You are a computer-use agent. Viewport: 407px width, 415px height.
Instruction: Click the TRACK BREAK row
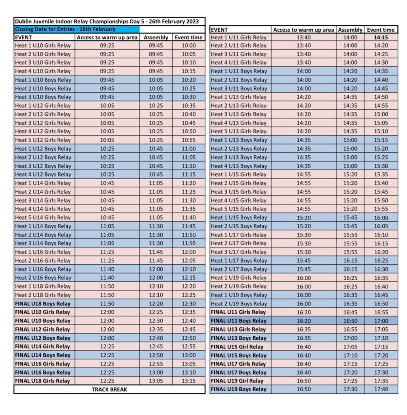pos(109,389)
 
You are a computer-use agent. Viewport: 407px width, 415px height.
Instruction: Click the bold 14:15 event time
pos(381,37)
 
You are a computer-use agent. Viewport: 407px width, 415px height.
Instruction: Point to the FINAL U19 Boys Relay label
pos(239,389)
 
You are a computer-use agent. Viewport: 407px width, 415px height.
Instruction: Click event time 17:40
pos(381,389)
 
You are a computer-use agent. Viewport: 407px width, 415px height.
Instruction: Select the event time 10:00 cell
pos(189,45)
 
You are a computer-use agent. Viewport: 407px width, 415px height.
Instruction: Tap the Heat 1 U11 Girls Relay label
pos(239,37)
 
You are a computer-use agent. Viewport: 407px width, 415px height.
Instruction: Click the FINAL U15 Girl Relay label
pos(237,347)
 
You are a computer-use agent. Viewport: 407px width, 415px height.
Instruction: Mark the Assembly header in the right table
pos(350,30)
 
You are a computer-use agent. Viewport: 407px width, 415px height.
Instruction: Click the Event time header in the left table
pos(189,37)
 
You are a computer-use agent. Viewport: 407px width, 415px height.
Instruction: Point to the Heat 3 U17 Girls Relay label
pos(239,252)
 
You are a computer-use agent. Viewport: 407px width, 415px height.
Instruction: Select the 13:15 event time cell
pos(189,381)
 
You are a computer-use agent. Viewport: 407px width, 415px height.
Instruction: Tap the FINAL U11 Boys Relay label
pos(239,321)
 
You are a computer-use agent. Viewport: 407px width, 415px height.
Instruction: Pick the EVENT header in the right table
pos(220,30)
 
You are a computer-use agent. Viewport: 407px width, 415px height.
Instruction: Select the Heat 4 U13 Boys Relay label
pos(239,166)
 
